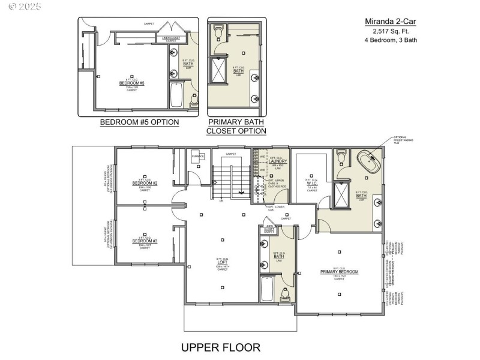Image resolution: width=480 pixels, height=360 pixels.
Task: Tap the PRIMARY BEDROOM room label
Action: click(339, 272)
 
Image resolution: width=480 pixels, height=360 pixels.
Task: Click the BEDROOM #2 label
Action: click(145, 183)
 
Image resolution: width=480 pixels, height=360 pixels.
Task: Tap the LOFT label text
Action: click(222, 263)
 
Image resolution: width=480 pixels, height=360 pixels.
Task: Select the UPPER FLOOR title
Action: click(221, 347)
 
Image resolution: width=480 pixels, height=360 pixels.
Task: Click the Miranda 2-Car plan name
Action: click(391, 22)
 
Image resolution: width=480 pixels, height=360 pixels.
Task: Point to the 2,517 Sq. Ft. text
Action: click(391, 31)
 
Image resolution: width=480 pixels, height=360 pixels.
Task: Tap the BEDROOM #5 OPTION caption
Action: click(139, 122)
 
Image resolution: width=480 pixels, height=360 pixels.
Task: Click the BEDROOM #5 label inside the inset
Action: click(131, 83)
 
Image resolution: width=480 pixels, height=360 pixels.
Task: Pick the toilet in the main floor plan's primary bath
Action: click(341, 156)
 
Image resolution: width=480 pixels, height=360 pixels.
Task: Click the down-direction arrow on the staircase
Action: click(242, 193)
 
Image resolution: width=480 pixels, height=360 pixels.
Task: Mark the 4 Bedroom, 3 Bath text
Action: click(391, 40)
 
